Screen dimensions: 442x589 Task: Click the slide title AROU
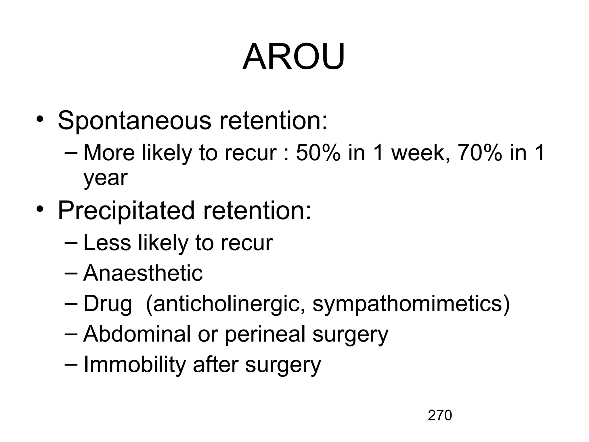(294, 57)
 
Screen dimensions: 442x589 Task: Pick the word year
(105, 178)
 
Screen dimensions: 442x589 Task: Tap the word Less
(107, 243)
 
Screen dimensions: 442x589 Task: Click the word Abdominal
(137, 334)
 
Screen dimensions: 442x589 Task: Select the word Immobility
(135, 365)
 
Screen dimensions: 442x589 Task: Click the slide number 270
(440, 416)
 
